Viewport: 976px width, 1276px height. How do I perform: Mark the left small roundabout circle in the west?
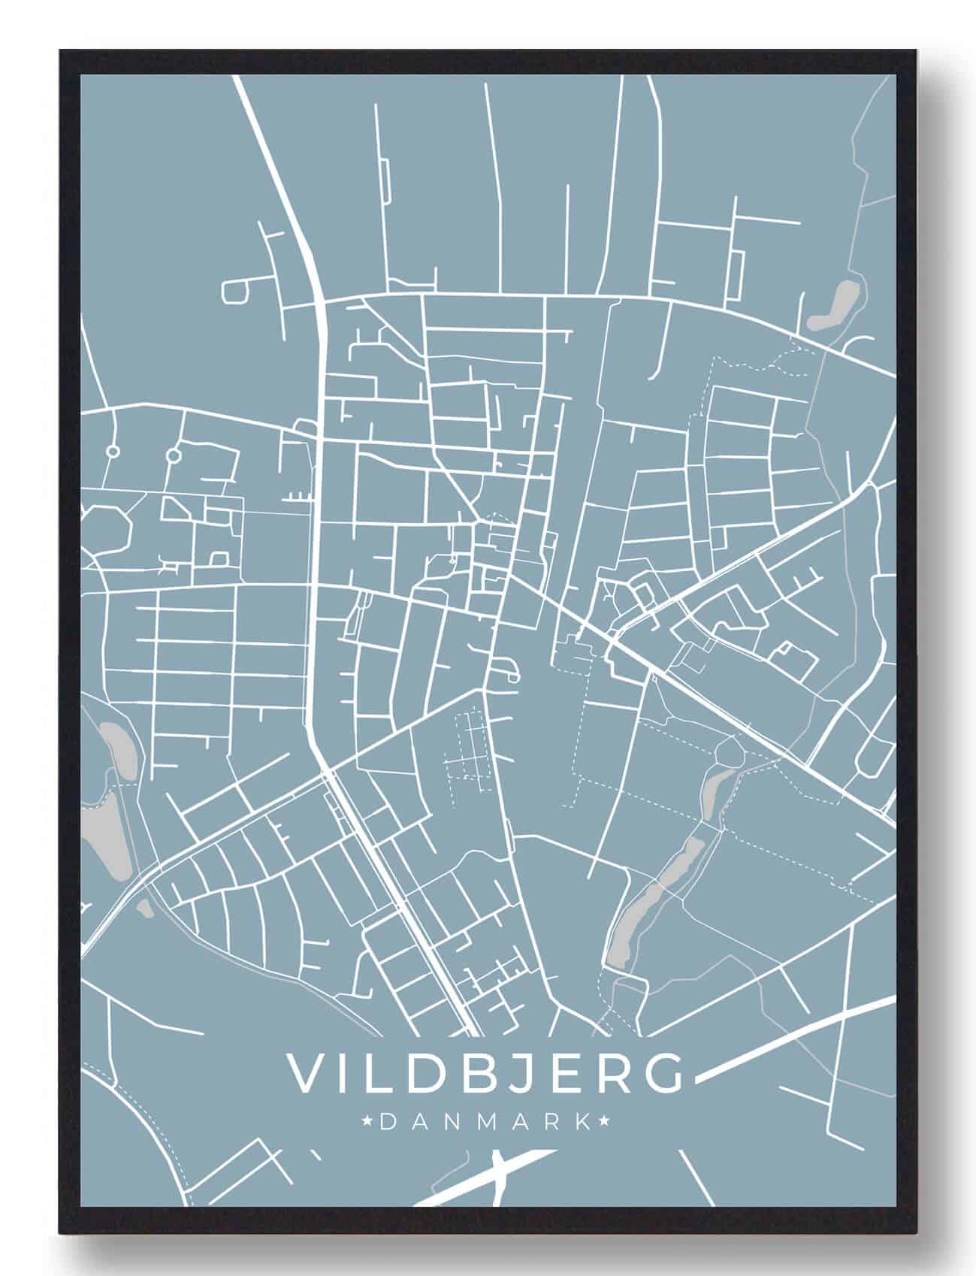(113, 452)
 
